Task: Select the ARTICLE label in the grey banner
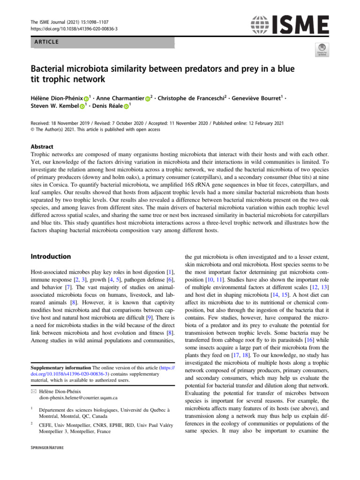[45, 42]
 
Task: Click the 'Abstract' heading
[42, 146]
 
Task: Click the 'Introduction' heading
[51, 256]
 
